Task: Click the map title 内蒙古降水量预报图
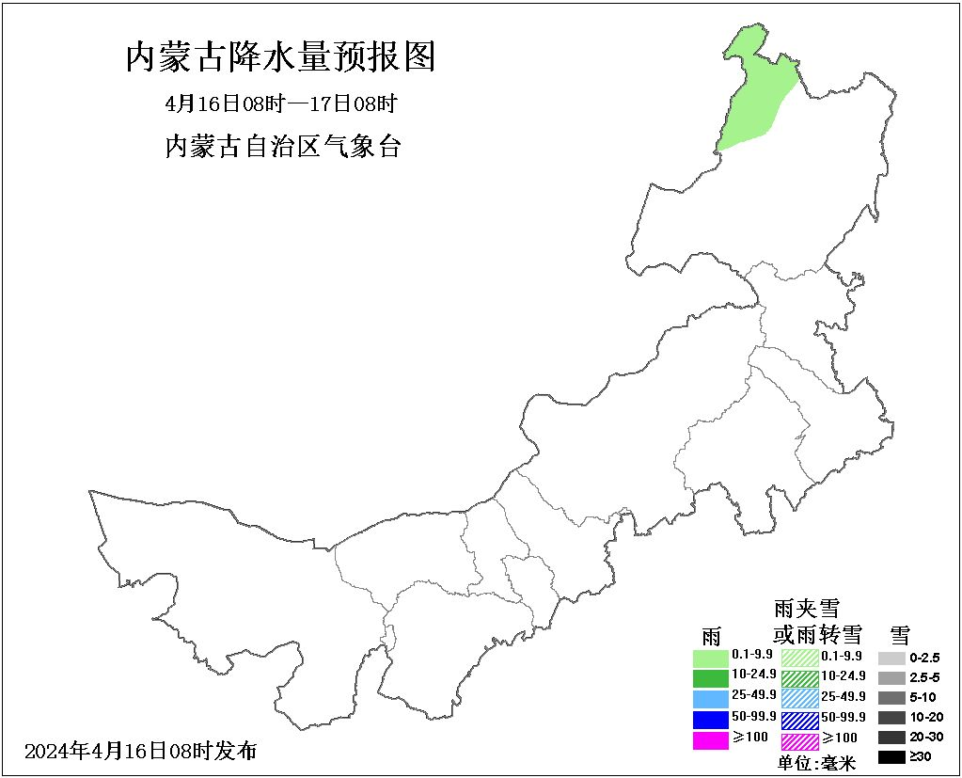click(281, 57)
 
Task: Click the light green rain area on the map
click(753, 94)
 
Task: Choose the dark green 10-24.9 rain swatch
click(710, 677)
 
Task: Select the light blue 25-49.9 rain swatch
click(710, 698)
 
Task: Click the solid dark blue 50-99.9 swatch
click(710, 720)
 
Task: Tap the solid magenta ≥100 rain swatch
click(710, 740)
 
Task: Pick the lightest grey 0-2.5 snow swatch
click(891, 658)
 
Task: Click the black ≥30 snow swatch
click(891, 756)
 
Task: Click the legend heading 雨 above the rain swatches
click(711, 635)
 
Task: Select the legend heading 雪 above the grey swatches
click(899, 633)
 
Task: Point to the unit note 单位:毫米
click(816, 763)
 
